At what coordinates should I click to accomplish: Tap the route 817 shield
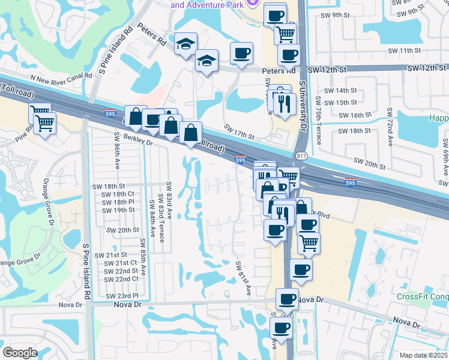point(298,155)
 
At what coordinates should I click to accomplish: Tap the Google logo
point(20,352)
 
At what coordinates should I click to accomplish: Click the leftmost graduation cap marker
point(186,44)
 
